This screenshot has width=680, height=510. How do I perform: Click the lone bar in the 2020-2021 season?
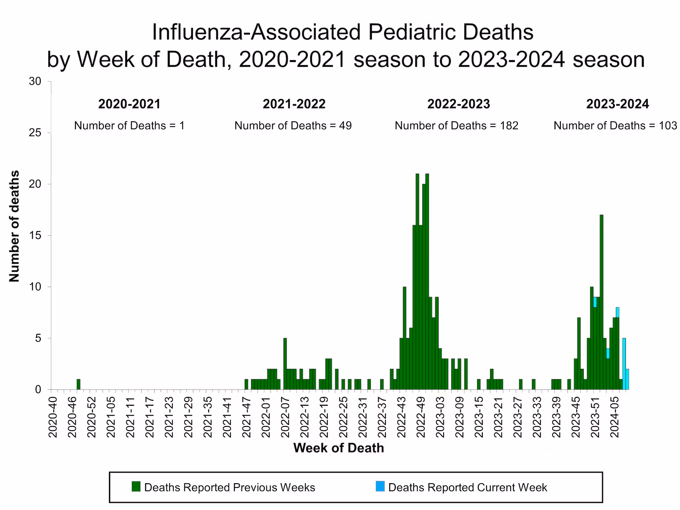click(x=78, y=384)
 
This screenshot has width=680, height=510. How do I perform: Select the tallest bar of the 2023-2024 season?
click(x=601, y=302)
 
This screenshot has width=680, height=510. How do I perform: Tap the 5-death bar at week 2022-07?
click(x=285, y=364)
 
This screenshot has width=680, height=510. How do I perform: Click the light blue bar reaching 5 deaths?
click(x=624, y=364)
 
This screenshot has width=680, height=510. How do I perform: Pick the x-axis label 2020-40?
click(x=53, y=416)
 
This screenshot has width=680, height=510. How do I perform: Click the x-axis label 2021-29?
click(x=188, y=416)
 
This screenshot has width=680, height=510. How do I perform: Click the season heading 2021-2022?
click(x=294, y=104)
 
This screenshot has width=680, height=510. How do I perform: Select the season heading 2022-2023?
click(x=459, y=104)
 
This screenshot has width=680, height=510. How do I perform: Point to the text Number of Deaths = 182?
click(x=456, y=126)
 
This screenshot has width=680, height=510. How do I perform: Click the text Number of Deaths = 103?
click(x=615, y=126)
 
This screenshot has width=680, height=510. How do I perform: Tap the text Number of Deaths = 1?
click(x=129, y=126)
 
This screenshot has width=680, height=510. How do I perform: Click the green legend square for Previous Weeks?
click(x=136, y=486)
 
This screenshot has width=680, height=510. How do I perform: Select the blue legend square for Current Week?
click(x=380, y=486)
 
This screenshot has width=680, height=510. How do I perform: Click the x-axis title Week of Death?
click(x=338, y=448)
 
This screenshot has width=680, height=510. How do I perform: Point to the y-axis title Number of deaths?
click(x=14, y=226)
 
